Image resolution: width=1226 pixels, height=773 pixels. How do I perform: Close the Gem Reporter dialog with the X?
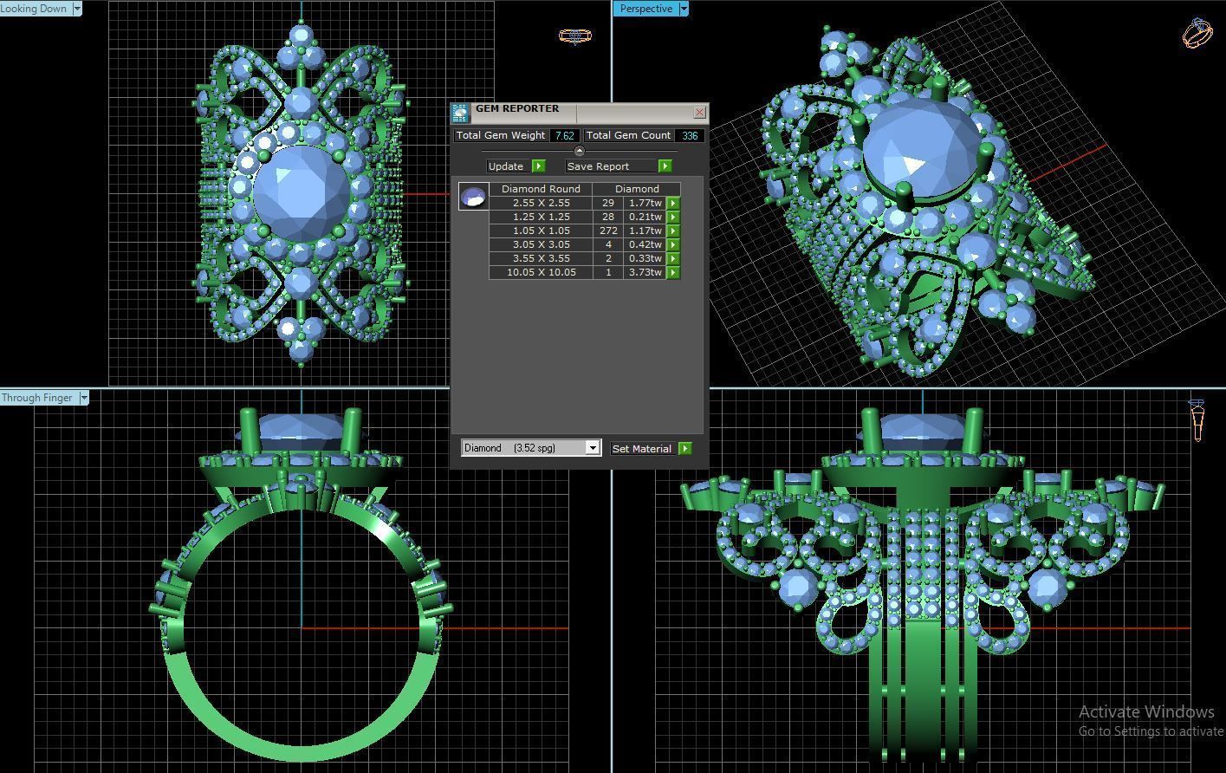point(700,113)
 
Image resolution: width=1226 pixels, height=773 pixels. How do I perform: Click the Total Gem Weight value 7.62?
point(565,136)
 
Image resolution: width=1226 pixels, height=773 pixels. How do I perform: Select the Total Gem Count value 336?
point(690,136)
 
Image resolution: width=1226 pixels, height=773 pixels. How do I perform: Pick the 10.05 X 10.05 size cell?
point(541,272)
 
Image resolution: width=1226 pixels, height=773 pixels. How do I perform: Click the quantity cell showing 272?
point(608,231)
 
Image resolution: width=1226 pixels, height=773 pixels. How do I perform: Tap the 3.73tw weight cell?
point(645,272)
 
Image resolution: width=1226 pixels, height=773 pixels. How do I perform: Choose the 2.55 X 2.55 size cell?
point(541,203)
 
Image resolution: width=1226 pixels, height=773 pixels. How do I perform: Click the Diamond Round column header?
point(541,189)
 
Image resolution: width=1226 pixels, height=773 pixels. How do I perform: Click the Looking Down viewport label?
point(35,9)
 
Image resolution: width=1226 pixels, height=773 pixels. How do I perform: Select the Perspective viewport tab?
point(646,9)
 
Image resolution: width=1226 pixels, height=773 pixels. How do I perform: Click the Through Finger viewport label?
point(37,398)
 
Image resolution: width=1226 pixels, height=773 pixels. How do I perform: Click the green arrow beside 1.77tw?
point(673,203)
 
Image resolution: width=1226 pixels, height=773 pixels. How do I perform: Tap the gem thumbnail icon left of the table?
point(473,198)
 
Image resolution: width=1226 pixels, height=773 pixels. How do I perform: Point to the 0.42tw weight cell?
point(645,244)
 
